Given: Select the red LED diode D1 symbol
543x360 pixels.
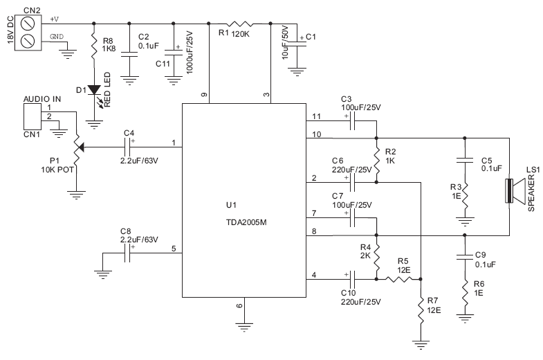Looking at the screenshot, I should (94, 90).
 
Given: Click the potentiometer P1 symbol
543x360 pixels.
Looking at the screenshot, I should (77, 147).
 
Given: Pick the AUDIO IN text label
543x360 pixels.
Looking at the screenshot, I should (42, 99).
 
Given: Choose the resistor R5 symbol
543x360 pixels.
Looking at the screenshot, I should (398, 280).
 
